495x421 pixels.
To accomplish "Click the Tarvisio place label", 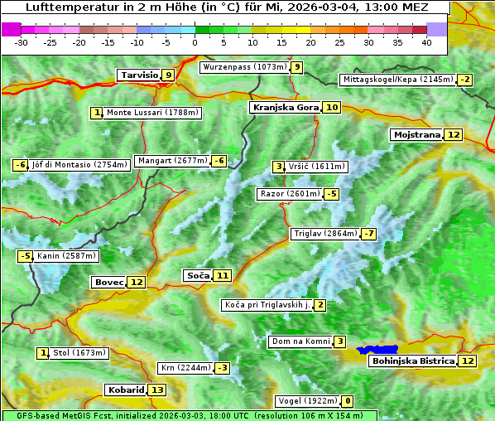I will click(139, 75).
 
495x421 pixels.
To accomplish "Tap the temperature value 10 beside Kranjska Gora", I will click(331, 108).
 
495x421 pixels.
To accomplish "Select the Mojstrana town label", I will click(416, 135).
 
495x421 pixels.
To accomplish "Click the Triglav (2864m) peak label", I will click(325, 234).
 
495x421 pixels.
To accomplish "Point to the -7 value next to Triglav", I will click(368, 234).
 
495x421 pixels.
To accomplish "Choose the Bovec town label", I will click(108, 282).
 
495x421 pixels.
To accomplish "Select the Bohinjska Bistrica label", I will click(412, 361).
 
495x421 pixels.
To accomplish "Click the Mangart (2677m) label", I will click(172, 161).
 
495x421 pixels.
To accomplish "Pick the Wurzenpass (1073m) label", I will click(245, 67).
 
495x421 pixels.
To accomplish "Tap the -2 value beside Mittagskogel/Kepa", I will click(465, 80).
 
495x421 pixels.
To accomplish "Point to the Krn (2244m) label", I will click(185, 368).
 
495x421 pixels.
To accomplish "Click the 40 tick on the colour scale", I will click(426, 42).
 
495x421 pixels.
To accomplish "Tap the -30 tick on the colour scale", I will click(22, 42).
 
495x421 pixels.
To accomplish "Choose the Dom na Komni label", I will click(299, 341).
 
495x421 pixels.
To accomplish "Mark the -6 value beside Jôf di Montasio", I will click(20, 165).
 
